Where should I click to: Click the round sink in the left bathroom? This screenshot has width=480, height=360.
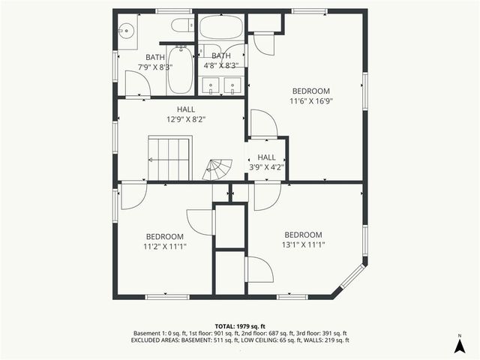point(126,31)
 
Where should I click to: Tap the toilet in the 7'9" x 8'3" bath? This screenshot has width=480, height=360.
point(180,27)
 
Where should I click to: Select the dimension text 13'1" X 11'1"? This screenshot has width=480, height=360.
point(304,244)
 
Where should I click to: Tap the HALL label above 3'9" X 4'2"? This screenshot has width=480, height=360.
point(267,157)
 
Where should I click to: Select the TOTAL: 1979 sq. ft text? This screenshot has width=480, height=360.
point(240,326)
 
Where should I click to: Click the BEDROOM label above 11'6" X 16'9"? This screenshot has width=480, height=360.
point(310,91)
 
